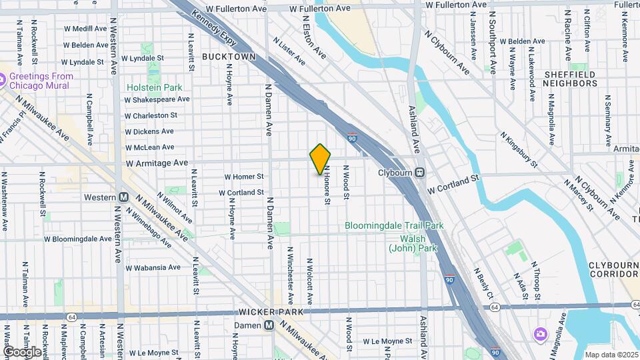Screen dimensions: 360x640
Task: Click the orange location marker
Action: point(320,159)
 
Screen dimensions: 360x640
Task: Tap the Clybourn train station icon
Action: point(420,173)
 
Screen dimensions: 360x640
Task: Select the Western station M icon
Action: point(123,197)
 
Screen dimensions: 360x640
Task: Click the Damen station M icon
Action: point(269,325)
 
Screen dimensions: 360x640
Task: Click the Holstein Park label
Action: point(154,87)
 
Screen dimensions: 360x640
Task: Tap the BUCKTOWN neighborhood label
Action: point(229,57)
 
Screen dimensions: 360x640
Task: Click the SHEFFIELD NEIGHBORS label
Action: point(569,79)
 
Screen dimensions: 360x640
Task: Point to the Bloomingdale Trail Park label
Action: point(394,226)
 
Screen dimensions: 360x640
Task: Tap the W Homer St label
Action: point(244,177)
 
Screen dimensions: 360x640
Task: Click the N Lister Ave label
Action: point(289,51)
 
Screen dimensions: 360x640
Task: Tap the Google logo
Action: point(22,351)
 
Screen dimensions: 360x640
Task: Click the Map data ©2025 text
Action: point(611,354)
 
